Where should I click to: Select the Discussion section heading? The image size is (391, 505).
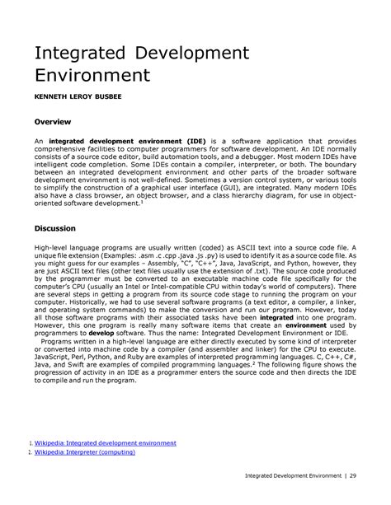(x=55, y=227)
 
